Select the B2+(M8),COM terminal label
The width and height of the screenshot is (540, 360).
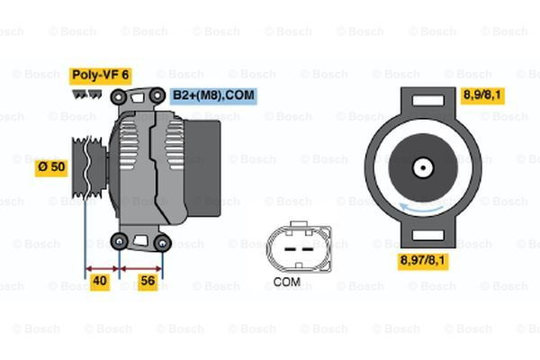[x=213, y=94]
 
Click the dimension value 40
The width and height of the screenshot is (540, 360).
[x=101, y=282]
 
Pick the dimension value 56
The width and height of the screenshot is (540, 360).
[x=148, y=282]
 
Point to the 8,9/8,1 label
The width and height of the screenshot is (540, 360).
[x=482, y=94]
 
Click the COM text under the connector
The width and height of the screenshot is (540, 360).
[x=286, y=282]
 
